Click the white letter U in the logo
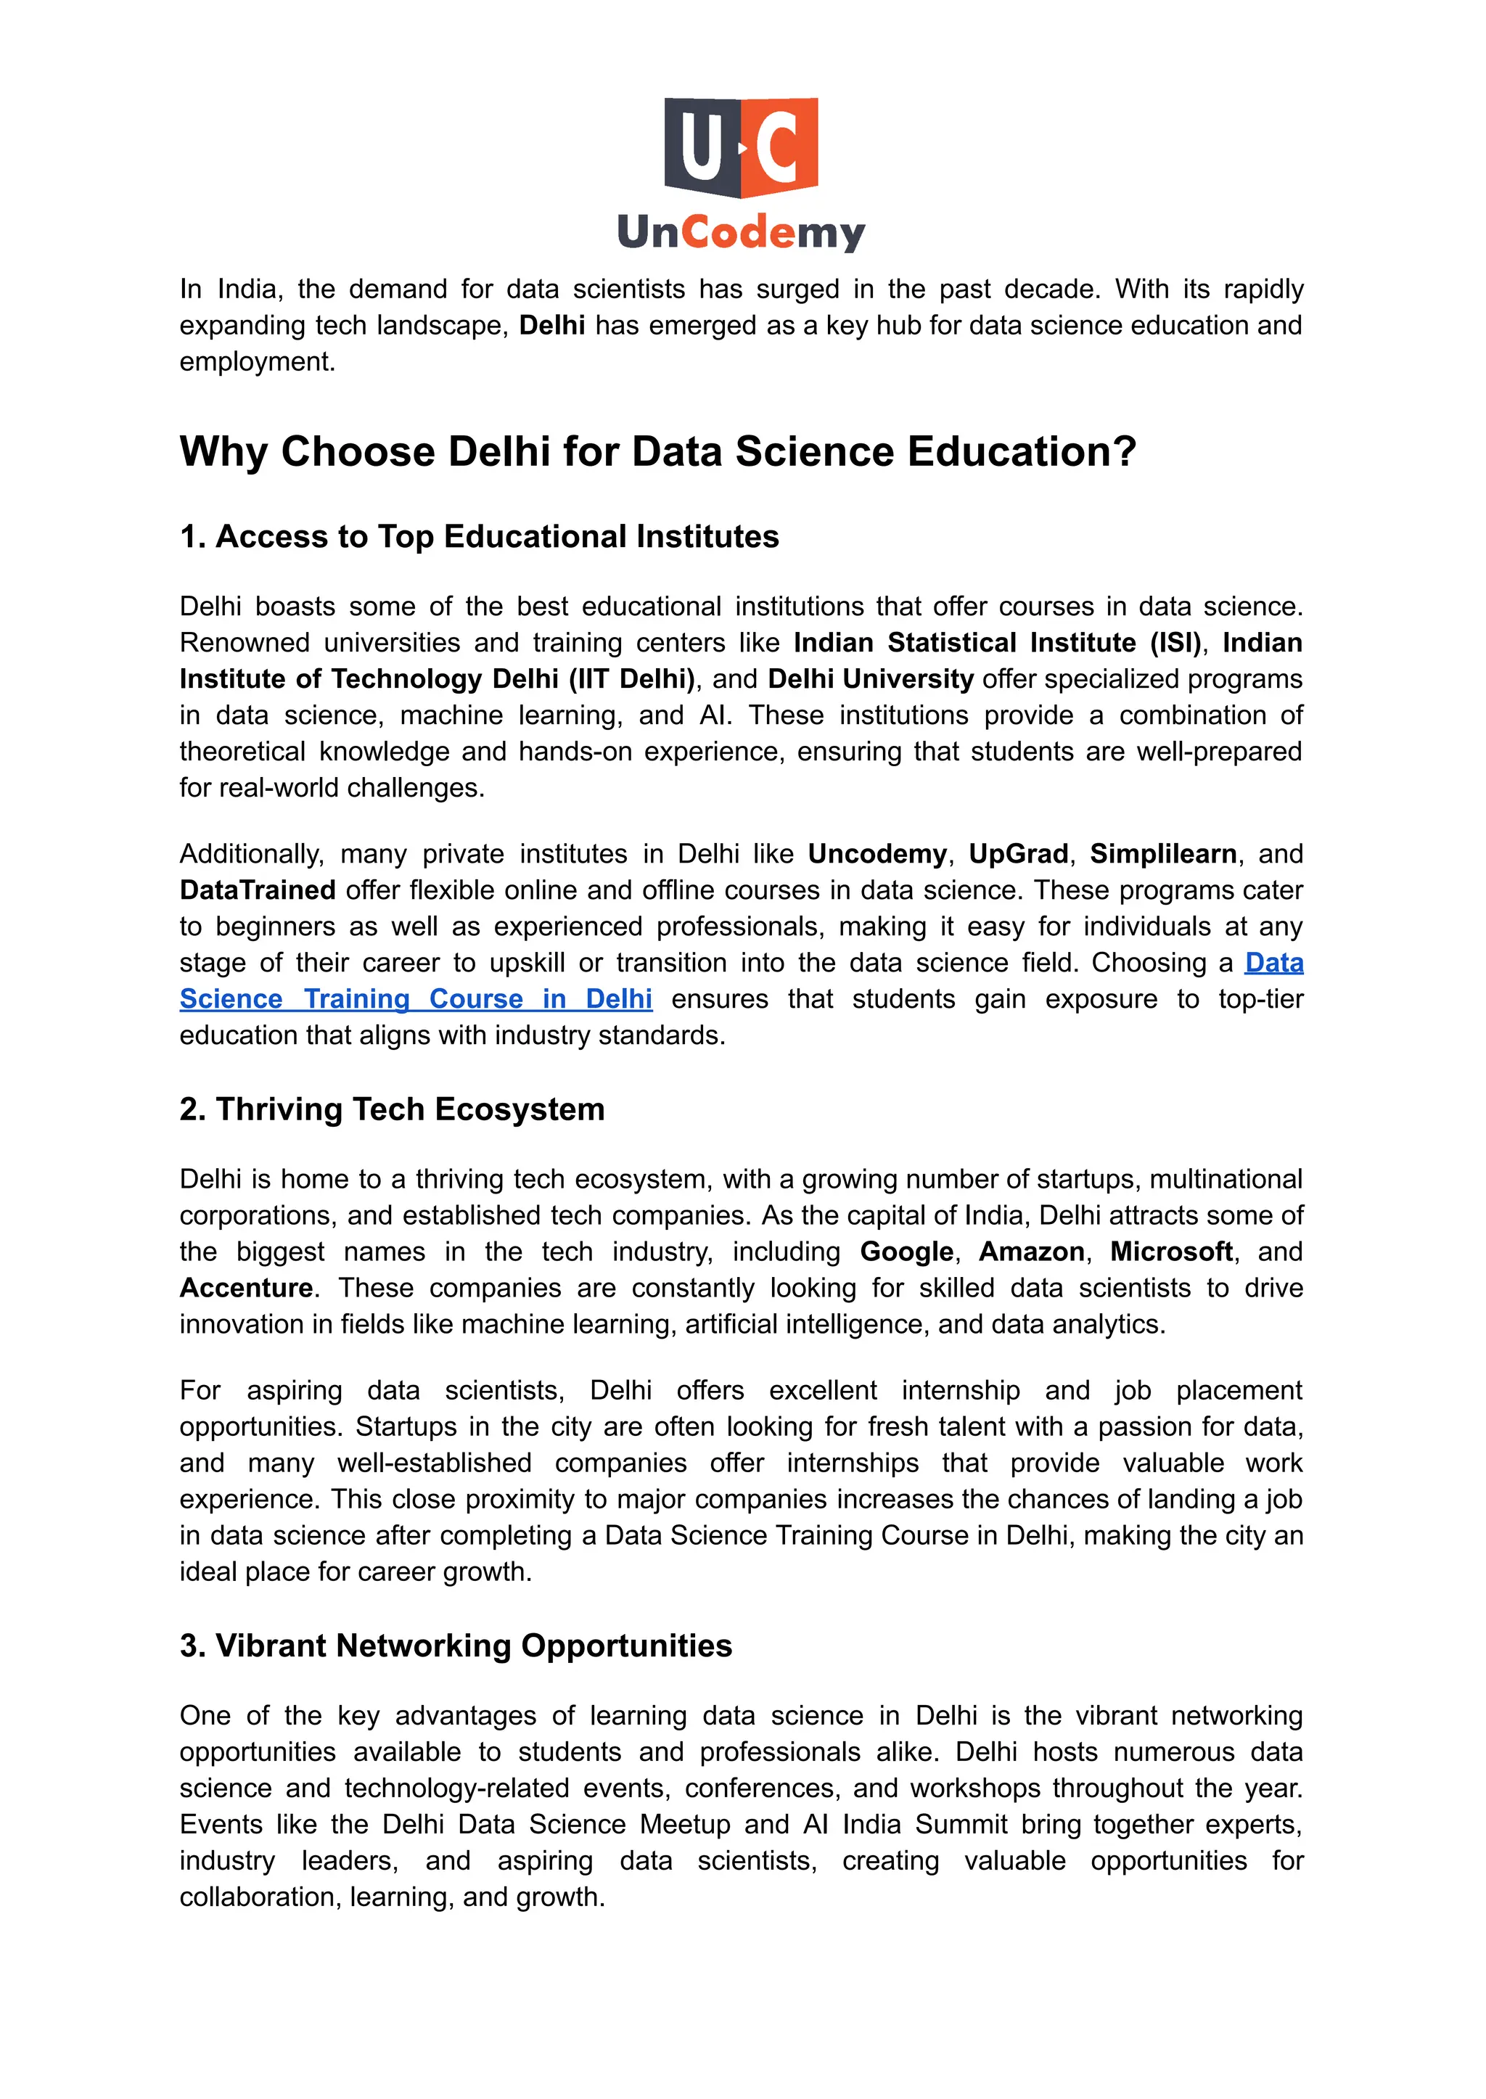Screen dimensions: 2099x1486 pyautogui.click(x=702, y=147)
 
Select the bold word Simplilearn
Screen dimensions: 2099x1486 pyautogui.click(x=1163, y=854)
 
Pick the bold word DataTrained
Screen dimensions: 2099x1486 pyautogui.click(x=257, y=890)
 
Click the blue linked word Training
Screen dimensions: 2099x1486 pyautogui.click(x=357, y=999)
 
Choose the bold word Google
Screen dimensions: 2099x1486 pyautogui.click(x=907, y=1252)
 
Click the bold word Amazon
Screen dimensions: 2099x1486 pyautogui.click(x=1033, y=1252)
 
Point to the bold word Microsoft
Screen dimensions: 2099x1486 pyautogui.click(x=1172, y=1252)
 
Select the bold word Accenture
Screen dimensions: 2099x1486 pyautogui.click(x=246, y=1289)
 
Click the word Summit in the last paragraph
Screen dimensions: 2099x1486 pyautogui.click(x=961, y=1825)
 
